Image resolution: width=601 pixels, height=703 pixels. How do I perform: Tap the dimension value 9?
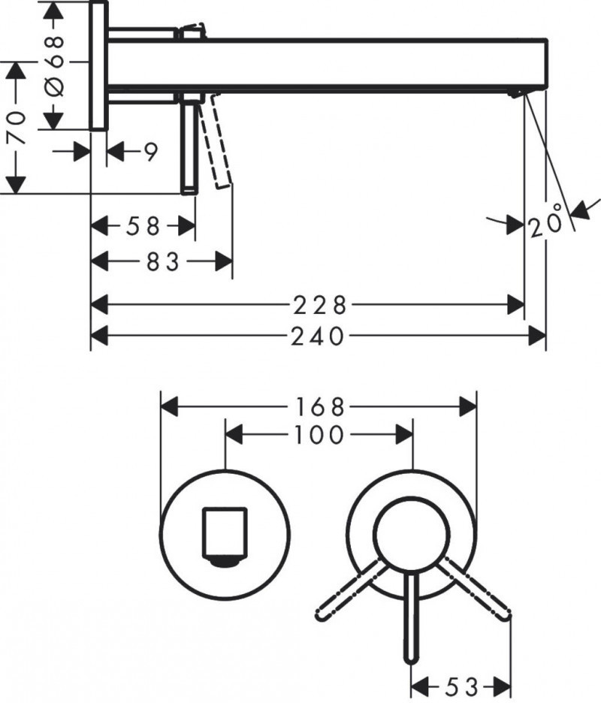[150, 152]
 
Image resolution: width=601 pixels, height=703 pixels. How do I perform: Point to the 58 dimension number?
[143, 225]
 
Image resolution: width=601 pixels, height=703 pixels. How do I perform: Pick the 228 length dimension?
[319, 306]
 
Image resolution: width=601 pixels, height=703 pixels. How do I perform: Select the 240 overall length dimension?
[319, 336]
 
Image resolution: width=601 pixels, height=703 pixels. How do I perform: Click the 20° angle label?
[546, 222]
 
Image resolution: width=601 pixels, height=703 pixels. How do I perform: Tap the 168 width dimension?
[319, 407]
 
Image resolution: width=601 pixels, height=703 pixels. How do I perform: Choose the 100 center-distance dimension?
[319, 434]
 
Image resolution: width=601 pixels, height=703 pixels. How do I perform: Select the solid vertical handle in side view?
[190, 146]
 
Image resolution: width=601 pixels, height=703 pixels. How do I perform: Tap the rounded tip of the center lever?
[410, 658]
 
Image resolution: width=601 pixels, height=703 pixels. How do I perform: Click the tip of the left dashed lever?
[320, 614]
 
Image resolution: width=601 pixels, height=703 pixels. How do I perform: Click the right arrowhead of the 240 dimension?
[538, 336]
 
